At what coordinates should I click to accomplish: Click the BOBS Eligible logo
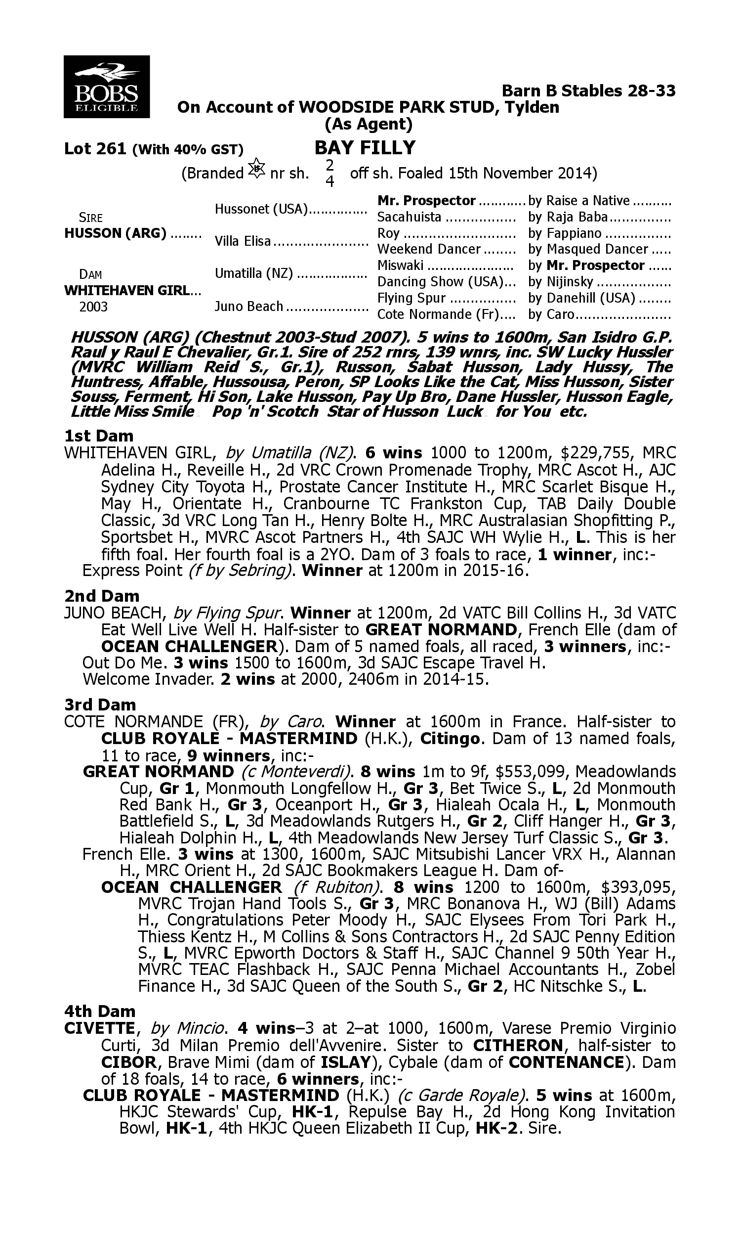(x=106, y=87)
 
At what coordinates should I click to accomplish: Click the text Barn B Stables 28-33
(x=588, y=91)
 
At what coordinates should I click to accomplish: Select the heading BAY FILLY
(x=365, y=148)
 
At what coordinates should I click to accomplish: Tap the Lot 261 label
(x=95, y=149)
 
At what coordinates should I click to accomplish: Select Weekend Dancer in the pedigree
(x=428, y=249)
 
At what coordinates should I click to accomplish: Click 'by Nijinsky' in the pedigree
(x=560, y=282)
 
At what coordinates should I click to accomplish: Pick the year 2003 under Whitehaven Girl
(x=93, y=307)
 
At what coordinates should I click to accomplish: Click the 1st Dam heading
(x=99, y=436)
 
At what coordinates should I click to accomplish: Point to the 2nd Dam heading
(x=101, y=596)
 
